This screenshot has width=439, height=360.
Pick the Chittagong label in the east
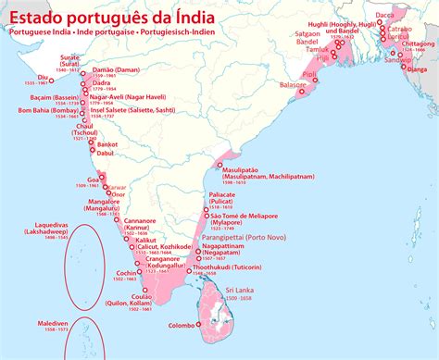(x=415, y=43)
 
